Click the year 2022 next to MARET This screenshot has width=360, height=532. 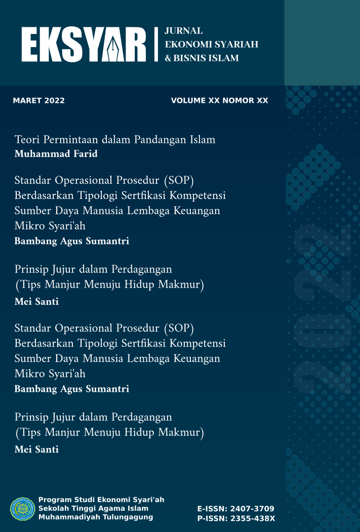pyautogui.click(x=55, y=101)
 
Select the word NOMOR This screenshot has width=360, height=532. pyautogui.click(x=235, y=101)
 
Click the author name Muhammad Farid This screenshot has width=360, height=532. pyautogui.click(x=56, y=154)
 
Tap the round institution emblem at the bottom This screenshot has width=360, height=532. pyautogui.click(x=23, y=509)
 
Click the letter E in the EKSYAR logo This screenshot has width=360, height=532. pyautogui.click(x=31, y=45)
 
